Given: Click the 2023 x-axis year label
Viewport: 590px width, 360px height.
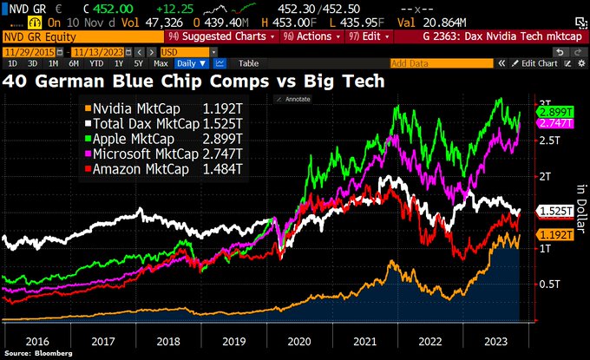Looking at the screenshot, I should click(x=482, y=341).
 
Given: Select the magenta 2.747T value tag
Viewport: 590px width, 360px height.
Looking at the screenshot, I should click(x=553, y=125).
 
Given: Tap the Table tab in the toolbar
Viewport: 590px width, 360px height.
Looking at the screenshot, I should click(x=248, y=63).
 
